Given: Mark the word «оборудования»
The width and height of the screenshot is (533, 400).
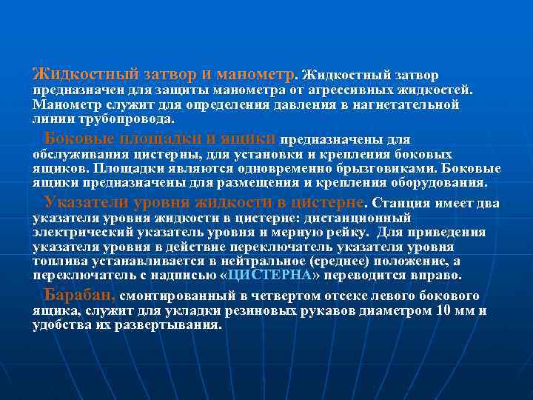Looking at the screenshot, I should (x=442, y=181).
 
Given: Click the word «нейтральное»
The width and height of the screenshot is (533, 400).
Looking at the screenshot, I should (x=275, y=261).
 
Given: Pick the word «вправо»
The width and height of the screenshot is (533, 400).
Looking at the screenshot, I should (x=437, y=275).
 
